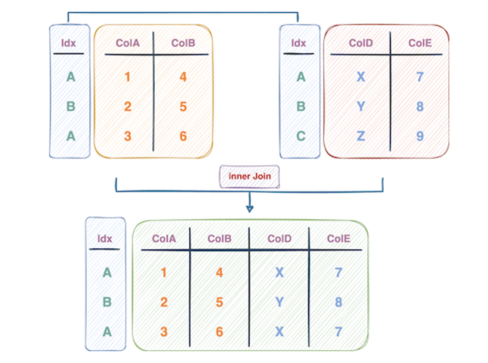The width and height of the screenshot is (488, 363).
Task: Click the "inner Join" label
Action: point(250,177)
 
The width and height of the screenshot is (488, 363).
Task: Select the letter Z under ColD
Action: point(360,136)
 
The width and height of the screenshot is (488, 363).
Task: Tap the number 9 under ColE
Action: point(420,136)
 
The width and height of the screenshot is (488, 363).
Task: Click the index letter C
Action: point(301,136)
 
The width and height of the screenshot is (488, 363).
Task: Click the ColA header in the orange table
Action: point(128,43)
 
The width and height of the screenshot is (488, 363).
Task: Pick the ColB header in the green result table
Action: point(220,239)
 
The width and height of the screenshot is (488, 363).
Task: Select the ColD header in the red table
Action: point(361,43)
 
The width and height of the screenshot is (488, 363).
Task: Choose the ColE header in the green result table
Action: point(339,239)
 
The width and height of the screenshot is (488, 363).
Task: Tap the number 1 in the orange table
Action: point(128,76)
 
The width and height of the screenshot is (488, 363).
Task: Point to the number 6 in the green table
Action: point(220,332)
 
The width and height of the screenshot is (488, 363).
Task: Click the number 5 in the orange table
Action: point(183,107)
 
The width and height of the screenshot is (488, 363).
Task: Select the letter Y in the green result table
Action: point(279,302)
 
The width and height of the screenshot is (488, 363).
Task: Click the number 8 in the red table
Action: point(420,107)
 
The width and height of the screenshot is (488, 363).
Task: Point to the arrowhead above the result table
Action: point(250,208)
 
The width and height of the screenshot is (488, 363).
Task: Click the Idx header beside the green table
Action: point(105,239)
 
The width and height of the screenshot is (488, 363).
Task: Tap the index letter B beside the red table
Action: point(301,107)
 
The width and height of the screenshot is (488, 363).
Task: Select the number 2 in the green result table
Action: point(164,302)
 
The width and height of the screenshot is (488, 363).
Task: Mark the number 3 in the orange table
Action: point(128,136)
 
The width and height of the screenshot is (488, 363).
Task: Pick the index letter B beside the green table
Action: point(107,302)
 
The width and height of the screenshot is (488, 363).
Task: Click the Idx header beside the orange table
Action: point(69,43)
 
